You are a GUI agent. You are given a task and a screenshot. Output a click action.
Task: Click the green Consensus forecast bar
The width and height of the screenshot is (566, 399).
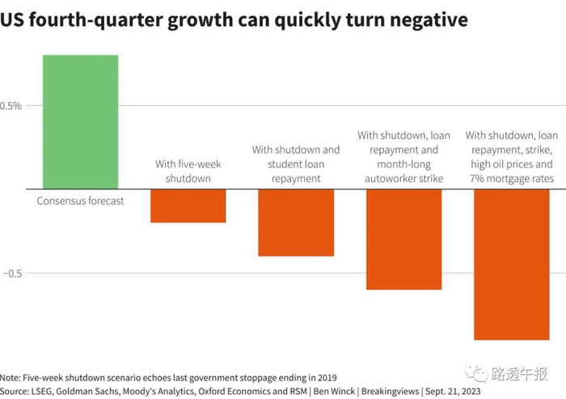(x=80, y=121)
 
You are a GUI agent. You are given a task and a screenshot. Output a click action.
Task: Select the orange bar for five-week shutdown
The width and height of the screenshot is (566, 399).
(x=188, y=206)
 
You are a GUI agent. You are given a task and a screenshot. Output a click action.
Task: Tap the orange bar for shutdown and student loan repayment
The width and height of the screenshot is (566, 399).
(x=295, y=223)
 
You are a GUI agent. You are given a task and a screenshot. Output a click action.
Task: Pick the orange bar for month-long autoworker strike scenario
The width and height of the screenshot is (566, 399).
(x=403, y=239)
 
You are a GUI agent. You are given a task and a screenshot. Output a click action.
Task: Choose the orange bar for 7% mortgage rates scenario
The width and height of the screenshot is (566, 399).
(x=511, y=264)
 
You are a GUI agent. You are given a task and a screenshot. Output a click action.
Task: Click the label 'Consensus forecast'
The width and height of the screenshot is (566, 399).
(x=80, y=201)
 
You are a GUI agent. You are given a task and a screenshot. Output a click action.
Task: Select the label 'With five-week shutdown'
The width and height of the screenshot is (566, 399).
(x=188, y=171)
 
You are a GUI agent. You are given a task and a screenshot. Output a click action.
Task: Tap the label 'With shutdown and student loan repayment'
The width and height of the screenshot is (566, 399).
(x=296, y=163)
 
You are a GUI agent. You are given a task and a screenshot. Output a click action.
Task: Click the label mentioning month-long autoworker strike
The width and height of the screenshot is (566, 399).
(x=403, y=157)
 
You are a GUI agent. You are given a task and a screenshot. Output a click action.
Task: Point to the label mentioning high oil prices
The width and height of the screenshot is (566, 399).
(x=511, y=157)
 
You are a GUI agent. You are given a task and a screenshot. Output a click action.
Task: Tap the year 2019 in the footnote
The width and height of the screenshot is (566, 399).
(x=324, y=378)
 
